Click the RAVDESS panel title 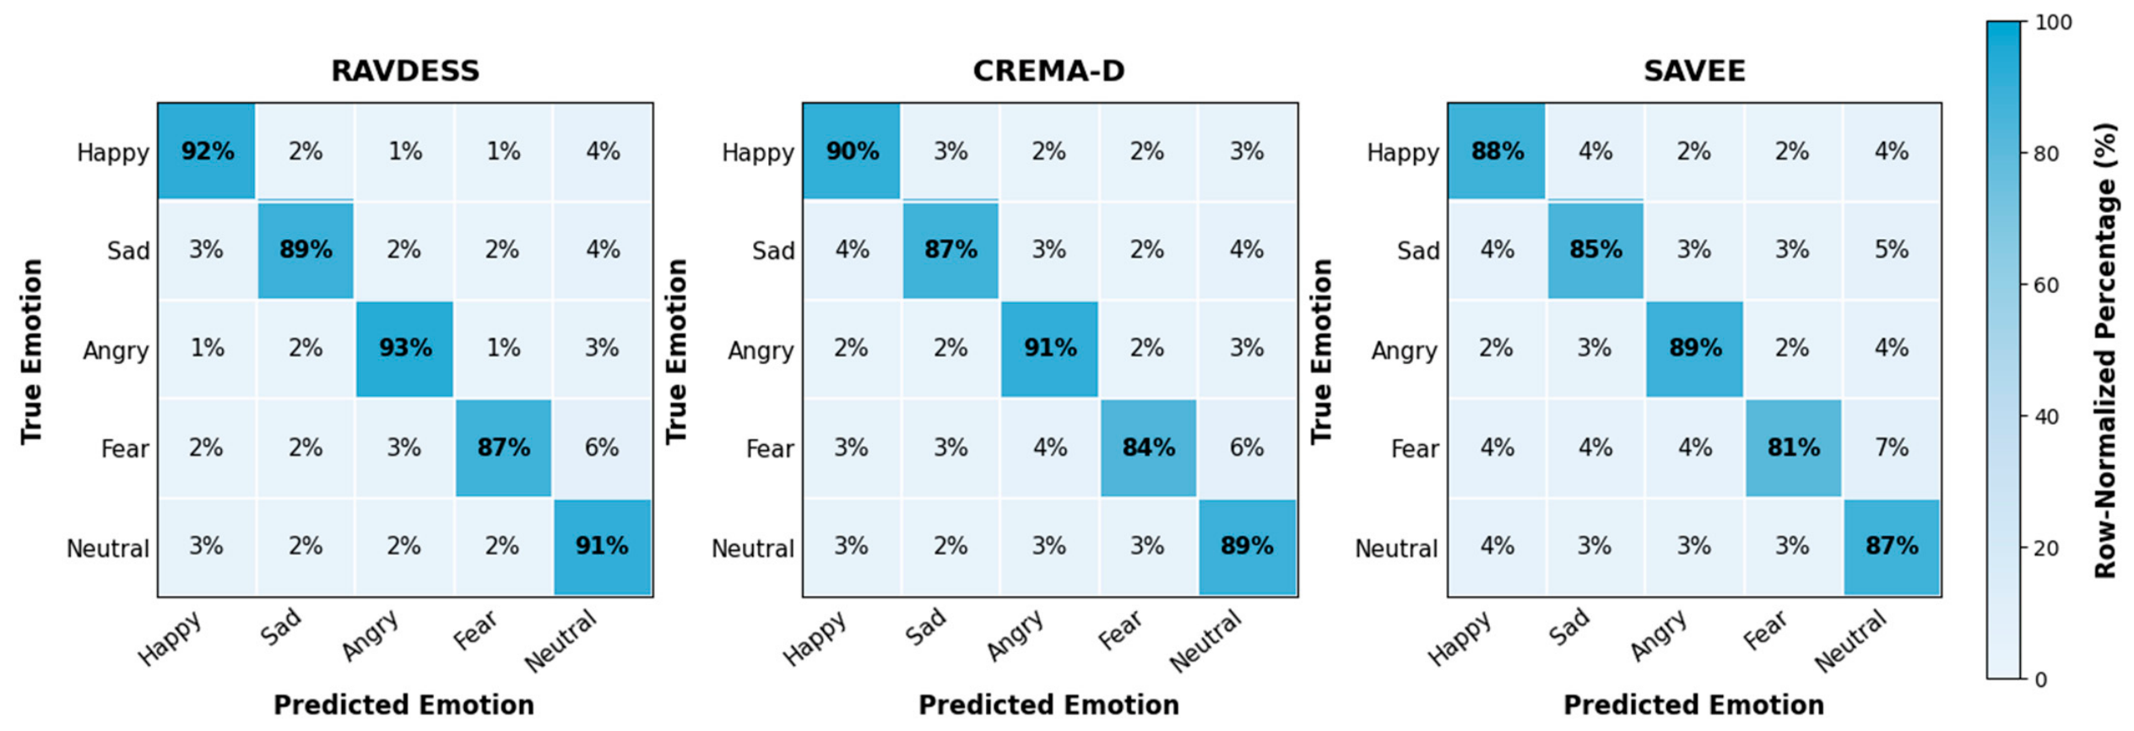[x=405, y=71]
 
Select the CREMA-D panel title [x=1049, y=71]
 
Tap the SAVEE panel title [x=1694, y=71]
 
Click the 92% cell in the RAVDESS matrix [x=207, y=152]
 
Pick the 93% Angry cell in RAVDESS [x=404, y=349]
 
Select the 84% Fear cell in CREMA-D [x=1149, y=447]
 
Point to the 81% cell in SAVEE [x=1793, y=447]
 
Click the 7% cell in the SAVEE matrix [x=1892, y=447]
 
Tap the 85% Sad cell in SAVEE [x=1595, y=250]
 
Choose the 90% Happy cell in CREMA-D [x=852, y=152]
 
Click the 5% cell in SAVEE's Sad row [x=1892, y=250]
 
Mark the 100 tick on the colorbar [x=2054, y=23]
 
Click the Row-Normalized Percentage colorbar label [x=2106, y=350]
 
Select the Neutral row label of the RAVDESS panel [x=108, y=549]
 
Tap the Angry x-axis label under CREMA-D [x=1017, y=635]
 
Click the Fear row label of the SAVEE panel [x=1415, y=449]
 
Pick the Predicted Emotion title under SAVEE [x=1693, y=705]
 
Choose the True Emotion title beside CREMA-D [x=676, y=351]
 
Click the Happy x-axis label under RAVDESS [x=171, y=638]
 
